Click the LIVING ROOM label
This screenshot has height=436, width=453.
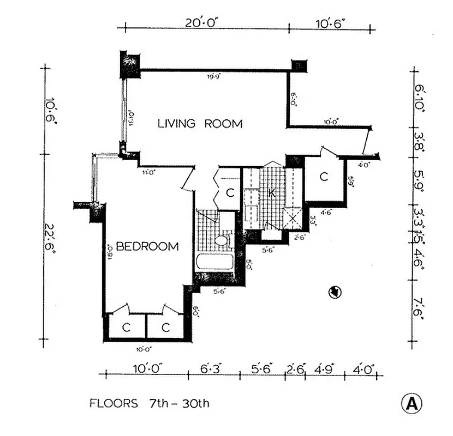point(200,124)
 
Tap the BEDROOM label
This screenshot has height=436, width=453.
point(147,246)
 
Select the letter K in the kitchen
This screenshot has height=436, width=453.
point(271,192)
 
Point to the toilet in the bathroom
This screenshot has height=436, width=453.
point(221,240)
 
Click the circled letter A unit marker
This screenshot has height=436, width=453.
point(412,404)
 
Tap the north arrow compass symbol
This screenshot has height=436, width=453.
point(335,293)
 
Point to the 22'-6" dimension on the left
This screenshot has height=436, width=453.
point(50,248)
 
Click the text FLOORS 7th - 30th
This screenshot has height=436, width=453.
point(149,404)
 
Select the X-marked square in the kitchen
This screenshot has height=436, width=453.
point(293,219)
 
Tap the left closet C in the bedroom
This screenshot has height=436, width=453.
point(126,328)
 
